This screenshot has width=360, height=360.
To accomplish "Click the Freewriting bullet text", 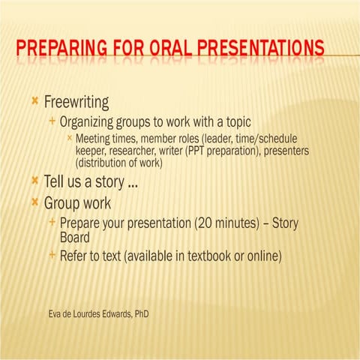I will (x=76, y=101).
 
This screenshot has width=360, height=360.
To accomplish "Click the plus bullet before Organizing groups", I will (x=52, y=121).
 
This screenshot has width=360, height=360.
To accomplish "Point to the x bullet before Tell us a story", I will (x=35, y=181).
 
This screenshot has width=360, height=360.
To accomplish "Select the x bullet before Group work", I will (x=35, y=202).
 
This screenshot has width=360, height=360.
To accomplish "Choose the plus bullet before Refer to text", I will (x=52, y=256).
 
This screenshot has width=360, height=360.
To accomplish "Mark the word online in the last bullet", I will (x=261, y=256).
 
